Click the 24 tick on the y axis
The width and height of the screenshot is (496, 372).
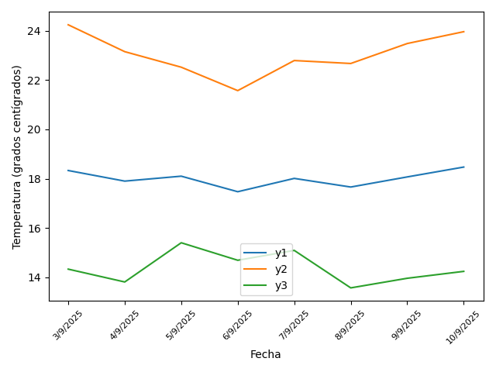[33, 31]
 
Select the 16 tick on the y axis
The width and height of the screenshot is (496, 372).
[33, 229]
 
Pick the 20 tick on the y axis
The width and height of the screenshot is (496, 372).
[33, 129]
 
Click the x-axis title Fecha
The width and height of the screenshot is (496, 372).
[266, 354]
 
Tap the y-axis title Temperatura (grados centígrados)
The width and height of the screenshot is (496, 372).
[17, 157]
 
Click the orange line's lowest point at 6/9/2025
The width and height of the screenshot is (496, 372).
[238, 91]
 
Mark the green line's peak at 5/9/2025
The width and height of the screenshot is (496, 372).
[181, 243]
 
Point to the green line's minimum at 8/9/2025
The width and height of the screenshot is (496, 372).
[350, 288]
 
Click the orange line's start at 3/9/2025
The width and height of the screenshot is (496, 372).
[68, 25]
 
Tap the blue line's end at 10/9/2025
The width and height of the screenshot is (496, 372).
[463, 167]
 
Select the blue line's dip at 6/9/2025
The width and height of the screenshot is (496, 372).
[238, 191]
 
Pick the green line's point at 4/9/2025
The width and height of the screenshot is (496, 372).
[125, 282]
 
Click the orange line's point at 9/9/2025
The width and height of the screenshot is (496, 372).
[407, 43]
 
